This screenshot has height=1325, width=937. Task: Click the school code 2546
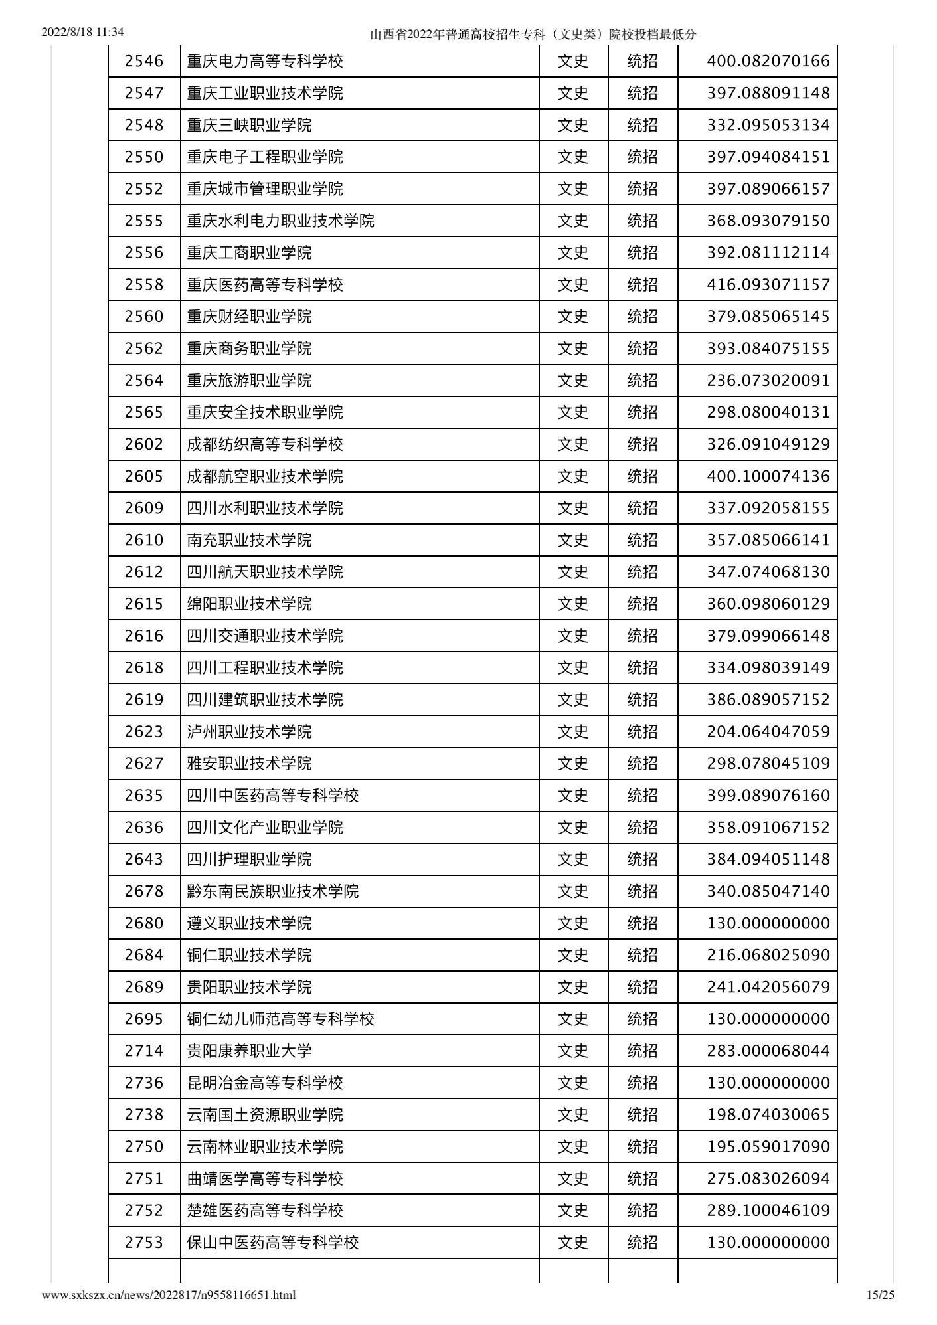pyautogui.click(x=143, y=61)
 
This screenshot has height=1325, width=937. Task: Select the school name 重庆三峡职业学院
pyautogui.click(x=249, y=125)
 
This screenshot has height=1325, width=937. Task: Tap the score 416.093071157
pyautogui.click(x=768, y=285)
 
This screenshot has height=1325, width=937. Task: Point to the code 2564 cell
pyautogui.click(x=143, y=381)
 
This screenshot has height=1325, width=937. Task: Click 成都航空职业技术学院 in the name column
pyautogui.click(x=264, y=476)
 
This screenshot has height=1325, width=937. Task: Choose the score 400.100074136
pyautogui.click(x=768, y=476)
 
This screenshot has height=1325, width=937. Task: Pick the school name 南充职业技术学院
pyautogui.click(x=249, y=540)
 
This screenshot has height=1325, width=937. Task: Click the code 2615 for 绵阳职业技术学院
pyautogui.click(x=143, y=604)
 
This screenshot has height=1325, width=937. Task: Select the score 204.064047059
pyautogui.click(x=768, y=731)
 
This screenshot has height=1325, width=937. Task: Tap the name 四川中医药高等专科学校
pyautogui.click(x=272, y=795)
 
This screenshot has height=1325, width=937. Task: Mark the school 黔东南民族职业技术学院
pyautogui.click(x=272, y=891)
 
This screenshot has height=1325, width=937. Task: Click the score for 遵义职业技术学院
pyautogui.click(x=768, y=923)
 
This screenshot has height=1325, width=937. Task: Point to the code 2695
pyautogui.click(x=143, y=1019)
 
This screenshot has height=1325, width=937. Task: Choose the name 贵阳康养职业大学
pyautogui.click(x=249, y=1051)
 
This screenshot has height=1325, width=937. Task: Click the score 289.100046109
pyautogui.click(x=768, y=1210)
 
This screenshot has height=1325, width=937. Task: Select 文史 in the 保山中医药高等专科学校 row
pyautogui.click(x=573, y=1242)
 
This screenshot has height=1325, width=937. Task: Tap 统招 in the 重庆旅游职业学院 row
pyautogui.click(x=642, y=381)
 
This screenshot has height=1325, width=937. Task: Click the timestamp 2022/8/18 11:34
pyautogui.click(x=83, y=32)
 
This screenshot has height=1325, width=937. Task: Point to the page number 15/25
pyautogui.click(x=881, y=1294)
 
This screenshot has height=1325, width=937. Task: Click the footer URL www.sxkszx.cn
pyautogui.click(x=169, y=1294)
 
